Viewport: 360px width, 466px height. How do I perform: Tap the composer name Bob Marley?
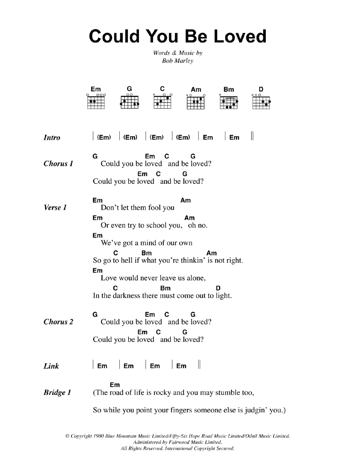(x=177, y=61)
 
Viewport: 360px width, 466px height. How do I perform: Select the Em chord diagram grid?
(x=96, y=102)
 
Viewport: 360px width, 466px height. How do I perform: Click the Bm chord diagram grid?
(x=229, y=103)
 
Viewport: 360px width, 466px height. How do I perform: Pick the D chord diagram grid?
(x=261, y=103)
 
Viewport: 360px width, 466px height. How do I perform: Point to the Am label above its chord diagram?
(x=196, y=90)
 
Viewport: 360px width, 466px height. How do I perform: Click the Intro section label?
(x=52, y=138)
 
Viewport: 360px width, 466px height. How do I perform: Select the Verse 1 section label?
(x=55, y=208)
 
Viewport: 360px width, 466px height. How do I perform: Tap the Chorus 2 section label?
(x=58, y=322)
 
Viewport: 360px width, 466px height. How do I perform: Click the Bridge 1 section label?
(x=57, y=392)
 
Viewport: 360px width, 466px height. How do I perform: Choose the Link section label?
(x=51, y=366)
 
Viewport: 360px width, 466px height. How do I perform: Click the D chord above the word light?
(x=218, y=288)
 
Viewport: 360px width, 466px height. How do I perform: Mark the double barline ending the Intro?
(x=252, y=136)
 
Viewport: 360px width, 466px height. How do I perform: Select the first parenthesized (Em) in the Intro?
(x=104, y=138)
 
